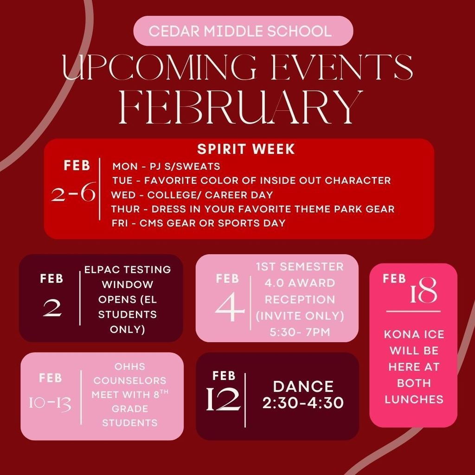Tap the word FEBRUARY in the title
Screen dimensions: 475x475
(241, 107)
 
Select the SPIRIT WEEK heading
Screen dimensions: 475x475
(246, 149)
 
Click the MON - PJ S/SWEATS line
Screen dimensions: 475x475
(166, 166)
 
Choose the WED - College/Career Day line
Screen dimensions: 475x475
(192, 194)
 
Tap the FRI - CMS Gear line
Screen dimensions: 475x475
(199, 223)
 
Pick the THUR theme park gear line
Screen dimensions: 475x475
(253, 209)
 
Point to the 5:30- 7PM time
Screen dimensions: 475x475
(300, 332)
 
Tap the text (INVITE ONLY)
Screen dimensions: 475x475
(300, 316)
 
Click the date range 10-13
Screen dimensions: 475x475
(50, 404)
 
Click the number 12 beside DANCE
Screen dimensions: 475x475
(224, 398)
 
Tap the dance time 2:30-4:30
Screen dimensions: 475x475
(303, 403)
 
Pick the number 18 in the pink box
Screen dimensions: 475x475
(423, 293)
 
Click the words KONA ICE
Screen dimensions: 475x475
(414, 334)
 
